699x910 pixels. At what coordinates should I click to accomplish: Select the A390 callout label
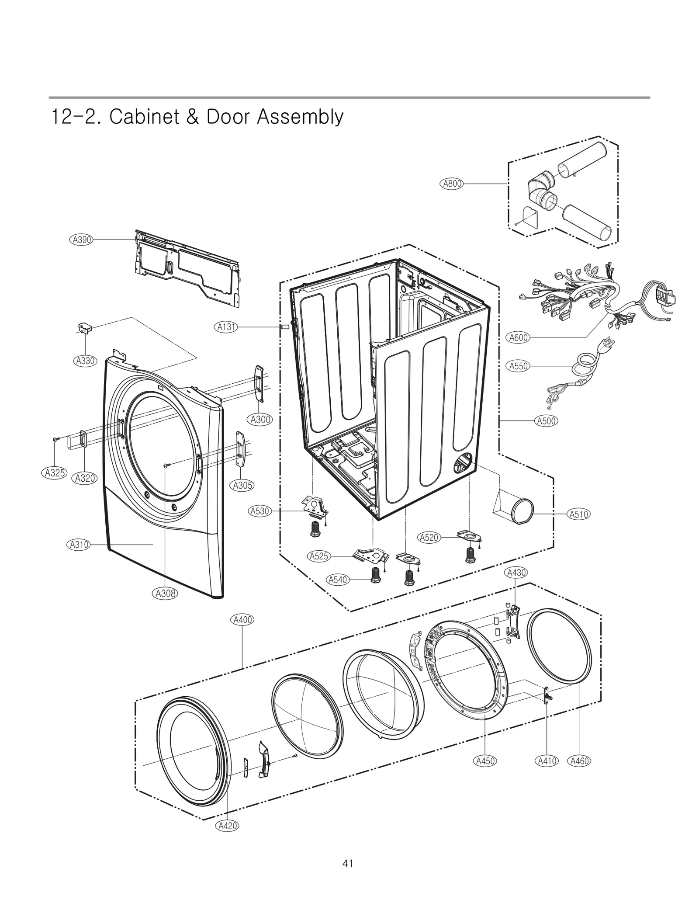82,240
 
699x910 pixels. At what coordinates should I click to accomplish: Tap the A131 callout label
227,326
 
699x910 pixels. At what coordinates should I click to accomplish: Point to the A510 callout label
578,514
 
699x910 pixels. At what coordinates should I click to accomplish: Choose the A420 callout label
227,826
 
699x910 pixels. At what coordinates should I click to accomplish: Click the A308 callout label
166,593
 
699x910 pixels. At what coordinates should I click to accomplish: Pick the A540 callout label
338,580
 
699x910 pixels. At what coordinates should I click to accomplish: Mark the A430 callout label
516,573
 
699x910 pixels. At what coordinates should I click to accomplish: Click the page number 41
348,864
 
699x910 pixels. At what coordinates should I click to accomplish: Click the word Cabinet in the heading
144,117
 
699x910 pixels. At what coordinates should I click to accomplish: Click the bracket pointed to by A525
371,555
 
